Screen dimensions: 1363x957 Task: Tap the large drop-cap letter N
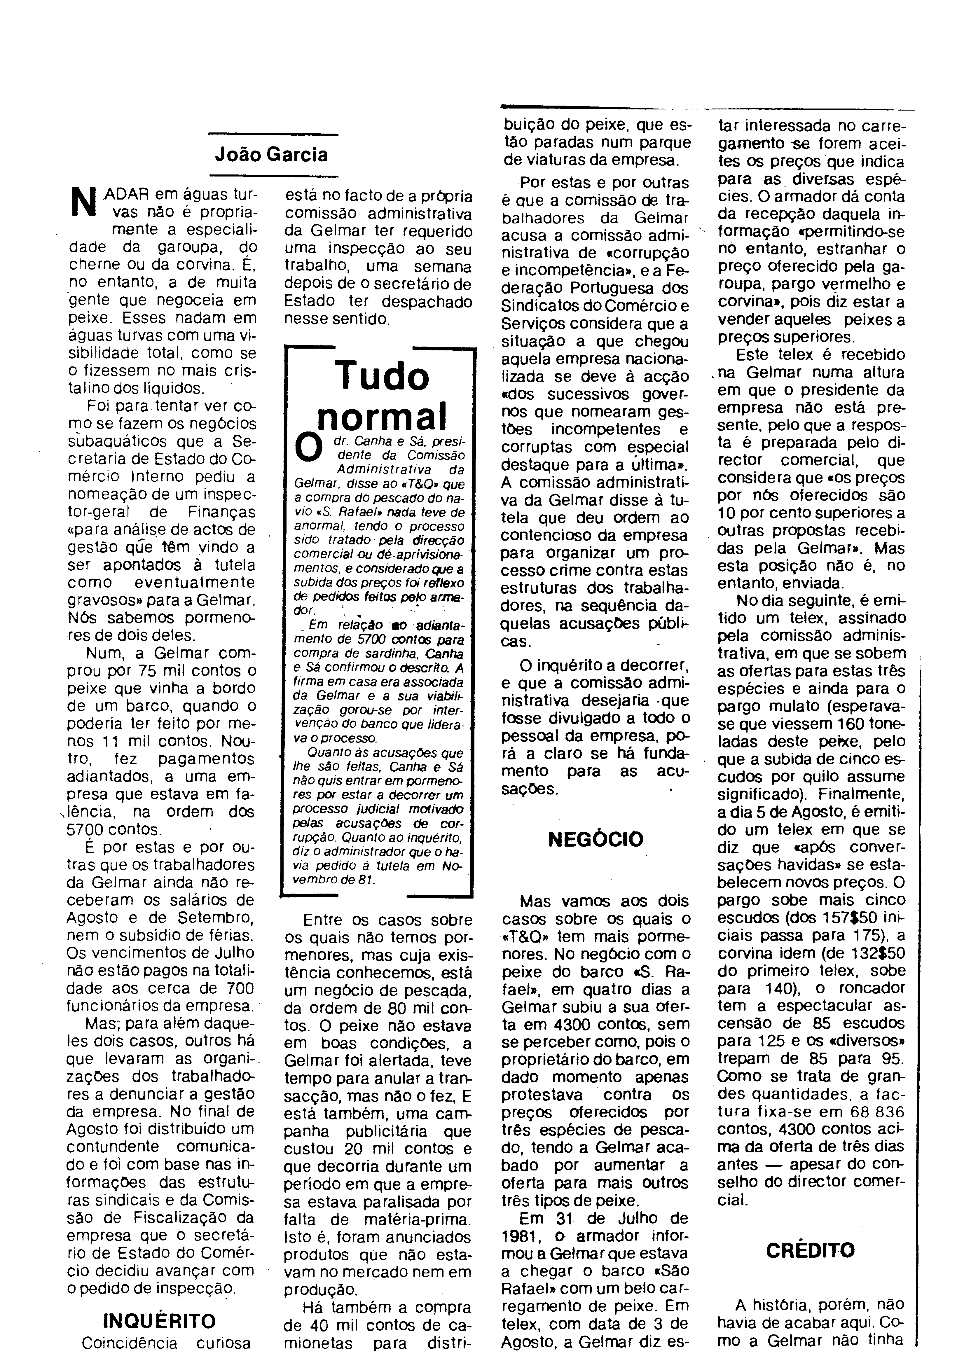tap(83, 202)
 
